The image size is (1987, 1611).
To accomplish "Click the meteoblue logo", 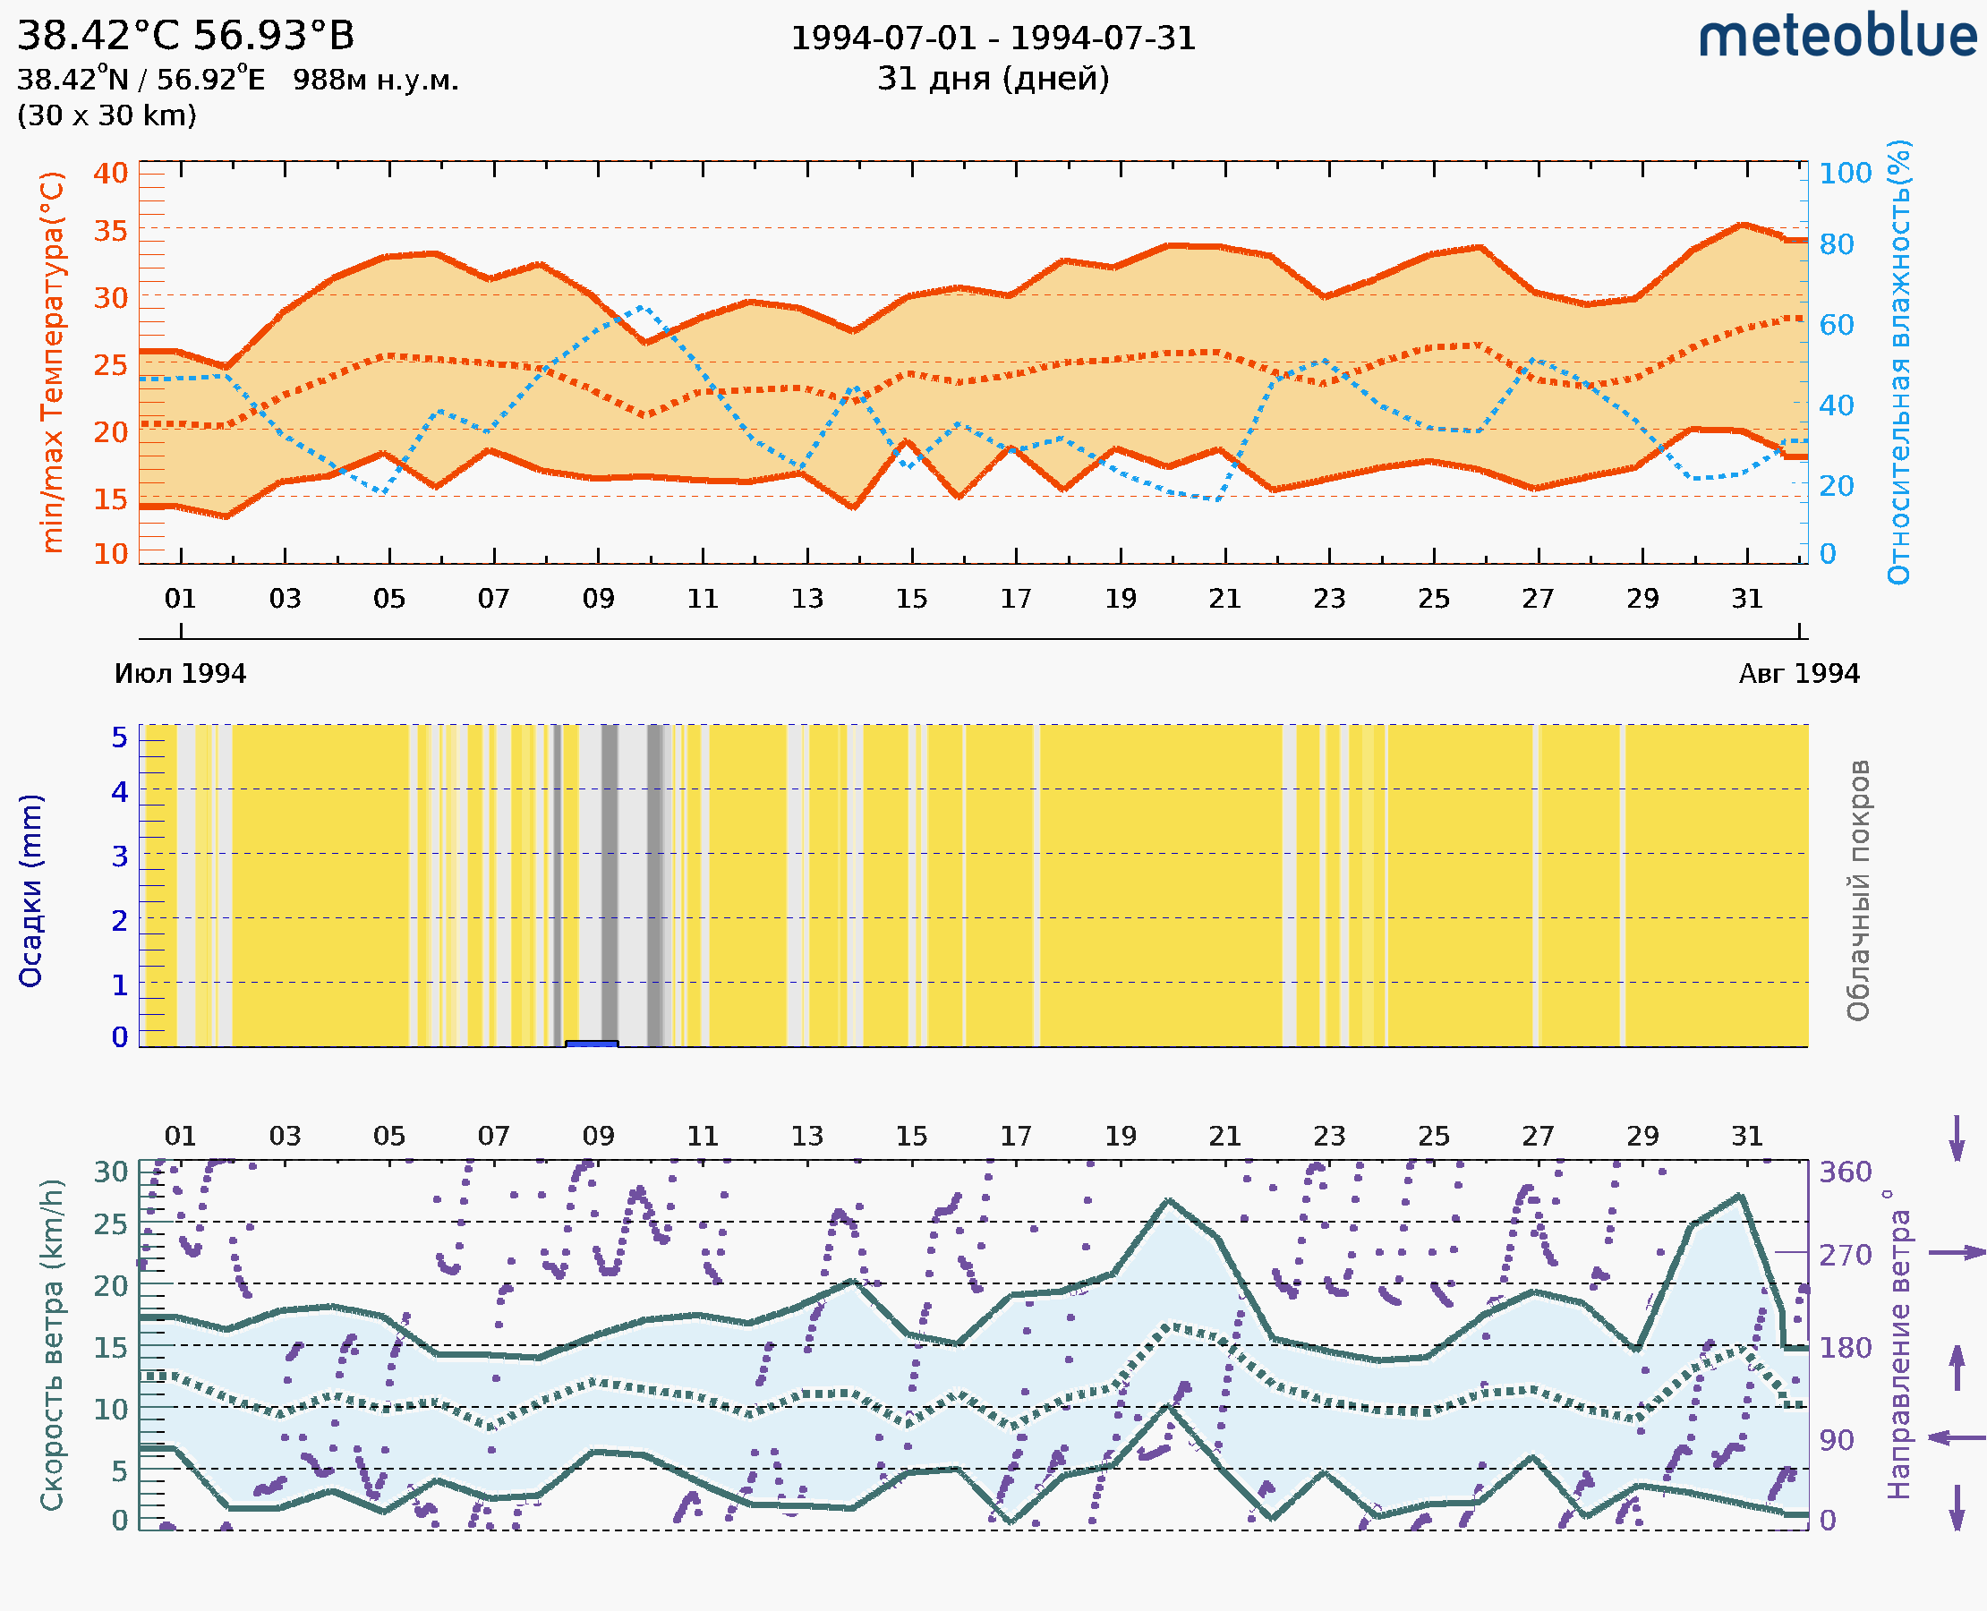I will [1837, 37].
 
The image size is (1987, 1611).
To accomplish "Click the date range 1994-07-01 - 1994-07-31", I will [993, 38].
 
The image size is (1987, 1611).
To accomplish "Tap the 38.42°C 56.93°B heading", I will [185, 36].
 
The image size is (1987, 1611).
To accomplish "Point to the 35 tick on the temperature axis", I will [110, 230].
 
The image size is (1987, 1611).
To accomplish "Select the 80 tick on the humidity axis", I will [1836, 244].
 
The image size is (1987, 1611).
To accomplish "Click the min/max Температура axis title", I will [53, 362].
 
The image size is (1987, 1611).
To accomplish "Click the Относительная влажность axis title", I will [1898, 362].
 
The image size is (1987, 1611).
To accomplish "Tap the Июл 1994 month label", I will [180, 673].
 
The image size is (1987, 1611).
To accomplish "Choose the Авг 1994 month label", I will [1799, 673].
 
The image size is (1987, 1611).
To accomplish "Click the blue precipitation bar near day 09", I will [592, 1044].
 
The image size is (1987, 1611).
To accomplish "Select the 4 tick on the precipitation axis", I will [120, 791].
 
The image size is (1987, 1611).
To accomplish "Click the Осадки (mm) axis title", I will [30, 890].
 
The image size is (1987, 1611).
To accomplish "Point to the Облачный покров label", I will [1857, 890].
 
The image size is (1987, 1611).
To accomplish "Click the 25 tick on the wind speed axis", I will [110, 1224].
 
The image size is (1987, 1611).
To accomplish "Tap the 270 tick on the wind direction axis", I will [1845, 1255].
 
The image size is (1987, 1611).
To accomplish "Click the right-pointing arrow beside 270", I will [1957, 1253].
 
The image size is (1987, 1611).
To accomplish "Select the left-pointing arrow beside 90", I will [1957, 1437].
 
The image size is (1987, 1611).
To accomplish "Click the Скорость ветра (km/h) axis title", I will [52, 1344].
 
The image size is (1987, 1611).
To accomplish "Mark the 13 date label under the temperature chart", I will [806, 599].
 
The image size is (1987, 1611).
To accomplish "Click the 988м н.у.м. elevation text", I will [375, 80].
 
